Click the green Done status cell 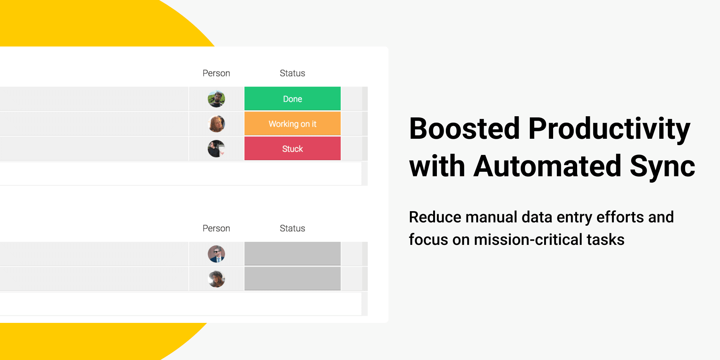click(292, 99)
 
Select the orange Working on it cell click(292, 124)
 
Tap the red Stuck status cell click(292, 148)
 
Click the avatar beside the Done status click(216, 99)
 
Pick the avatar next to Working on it click(216, 124)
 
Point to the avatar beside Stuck click(216, 149)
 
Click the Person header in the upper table click(216, 73)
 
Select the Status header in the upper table click(292, 73)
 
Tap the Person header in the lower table click(216, 228)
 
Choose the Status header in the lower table click(292, 228)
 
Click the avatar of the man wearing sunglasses click(216, 254)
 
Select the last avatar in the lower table click(216, 279)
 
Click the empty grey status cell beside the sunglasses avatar click(292, 253)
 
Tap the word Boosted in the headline click(464, 129)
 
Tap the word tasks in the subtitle click(606, 240)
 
